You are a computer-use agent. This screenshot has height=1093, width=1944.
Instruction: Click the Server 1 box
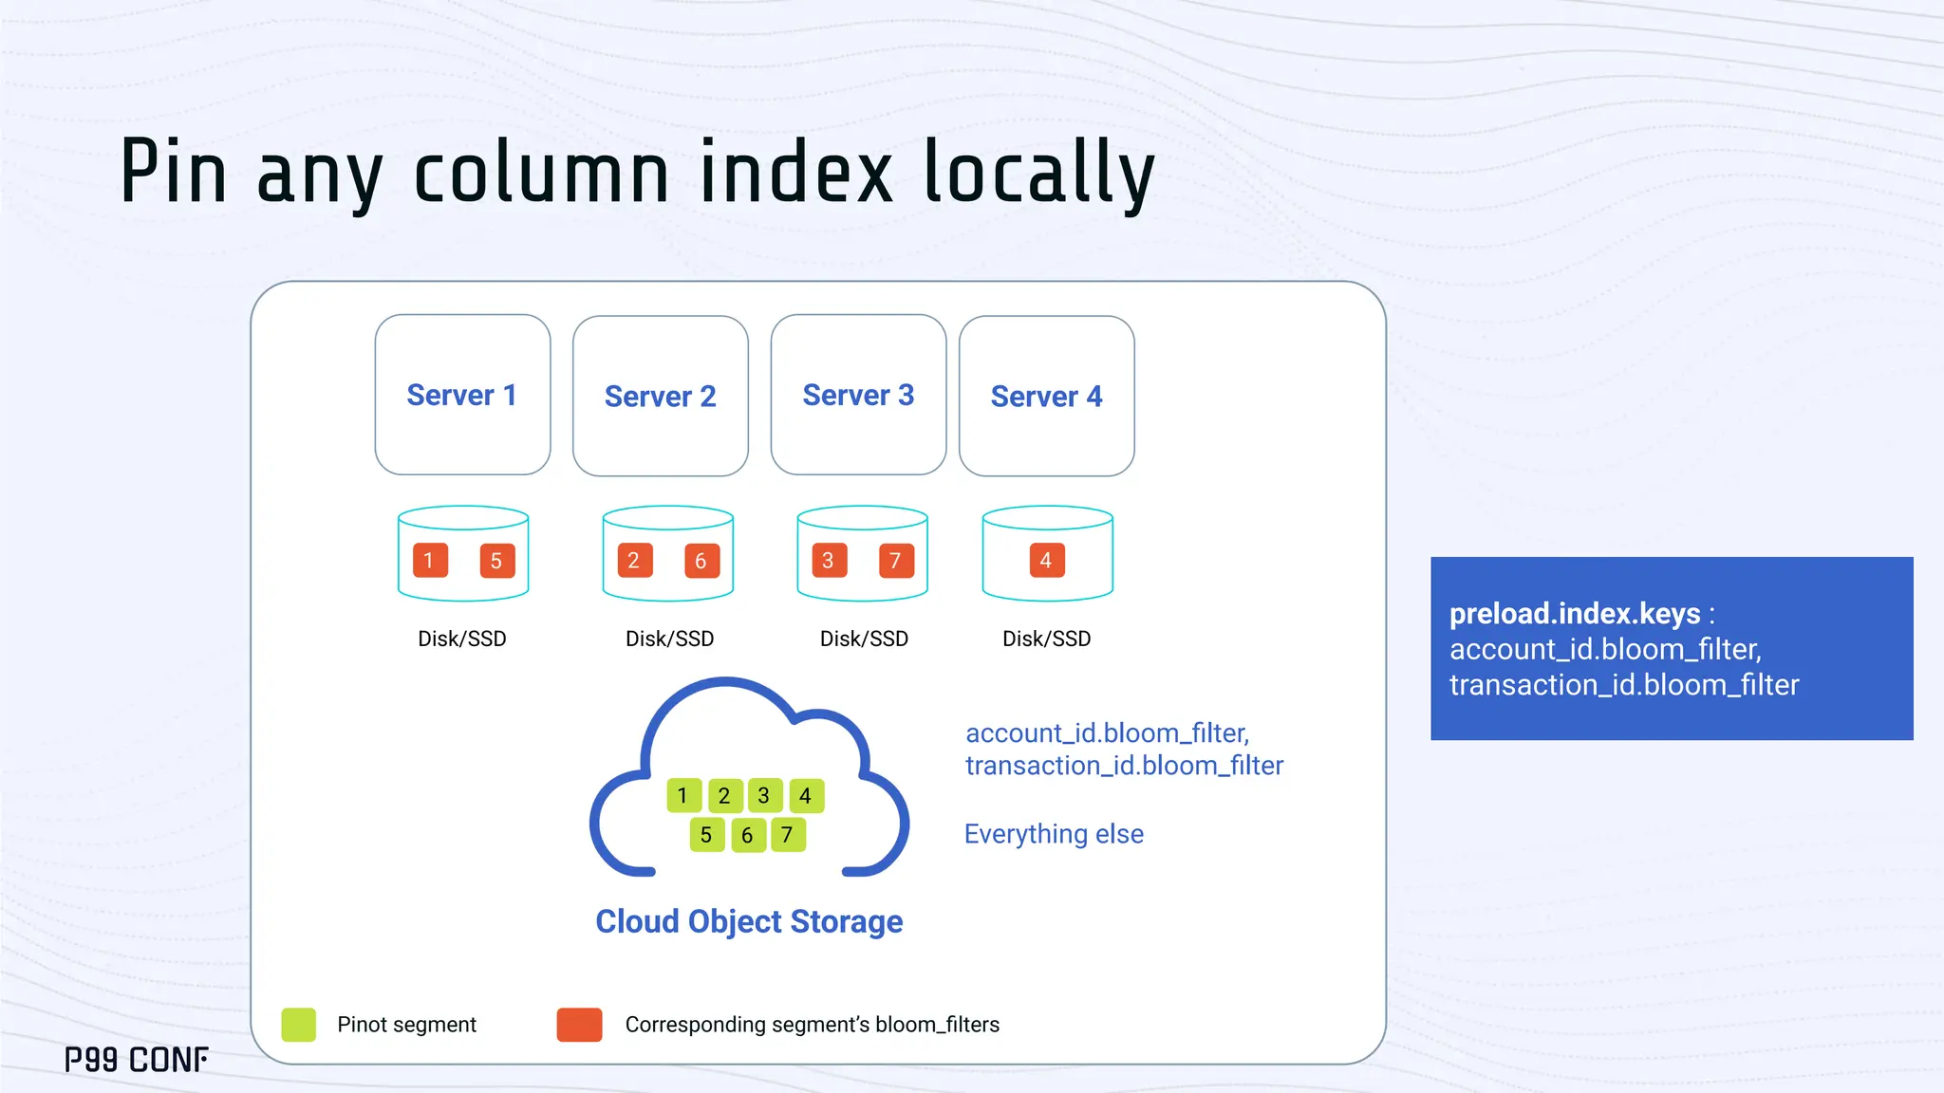click(x=462, y=395)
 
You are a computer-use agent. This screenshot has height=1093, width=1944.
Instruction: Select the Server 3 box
click(x=858, y=395)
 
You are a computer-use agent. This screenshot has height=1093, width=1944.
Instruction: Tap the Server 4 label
click(x=1046, y=397)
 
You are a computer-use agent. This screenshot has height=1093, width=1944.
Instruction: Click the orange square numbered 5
click(x=496, y=561)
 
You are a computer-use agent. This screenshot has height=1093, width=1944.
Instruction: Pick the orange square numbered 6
click(x=701, y=561)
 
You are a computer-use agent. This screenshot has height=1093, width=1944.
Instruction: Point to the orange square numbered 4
click(x=1046, y=560)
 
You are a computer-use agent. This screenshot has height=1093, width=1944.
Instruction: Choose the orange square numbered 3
click(x=829, y=561)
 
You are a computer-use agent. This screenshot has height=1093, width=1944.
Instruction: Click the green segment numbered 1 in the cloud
click(x=683, y=795)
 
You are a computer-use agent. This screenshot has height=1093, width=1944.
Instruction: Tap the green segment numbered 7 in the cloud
click(x=788, y=835)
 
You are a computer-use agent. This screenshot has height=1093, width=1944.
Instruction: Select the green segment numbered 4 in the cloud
click(x=806, y=795)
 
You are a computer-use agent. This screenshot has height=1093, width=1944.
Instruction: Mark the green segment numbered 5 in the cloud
click(x=706, y=835)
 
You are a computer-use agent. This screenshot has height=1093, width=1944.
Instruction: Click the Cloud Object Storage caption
click(x=749, y=921)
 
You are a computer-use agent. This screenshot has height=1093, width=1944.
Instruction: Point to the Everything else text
click(x=1054, y=834)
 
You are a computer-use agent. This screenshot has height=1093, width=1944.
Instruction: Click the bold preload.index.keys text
click(x=1575, y=614)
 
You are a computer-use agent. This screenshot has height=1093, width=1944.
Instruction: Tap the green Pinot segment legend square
click(x=299, y=1025)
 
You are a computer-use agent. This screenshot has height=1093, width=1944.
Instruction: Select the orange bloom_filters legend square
click(x=579, y=1025)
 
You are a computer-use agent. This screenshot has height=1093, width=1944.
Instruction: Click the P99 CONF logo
click(x=137, y=1060)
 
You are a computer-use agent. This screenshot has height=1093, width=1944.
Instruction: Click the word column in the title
click(x=542, y=173)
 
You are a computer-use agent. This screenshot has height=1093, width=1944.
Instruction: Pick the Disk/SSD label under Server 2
click(x=669, y=639)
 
